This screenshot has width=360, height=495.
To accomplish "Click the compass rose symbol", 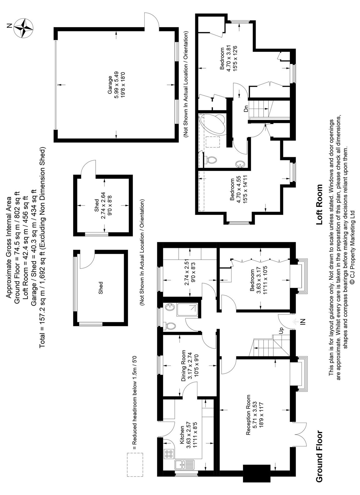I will [x=24, y=28].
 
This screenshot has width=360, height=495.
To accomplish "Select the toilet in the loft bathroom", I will [x=211, y=159].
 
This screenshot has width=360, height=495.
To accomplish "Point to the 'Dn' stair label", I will [x=246, y=109].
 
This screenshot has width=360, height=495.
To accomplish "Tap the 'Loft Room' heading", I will [x=319, y=205].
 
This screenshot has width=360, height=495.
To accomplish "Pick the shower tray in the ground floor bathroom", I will [x=187, y=309].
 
